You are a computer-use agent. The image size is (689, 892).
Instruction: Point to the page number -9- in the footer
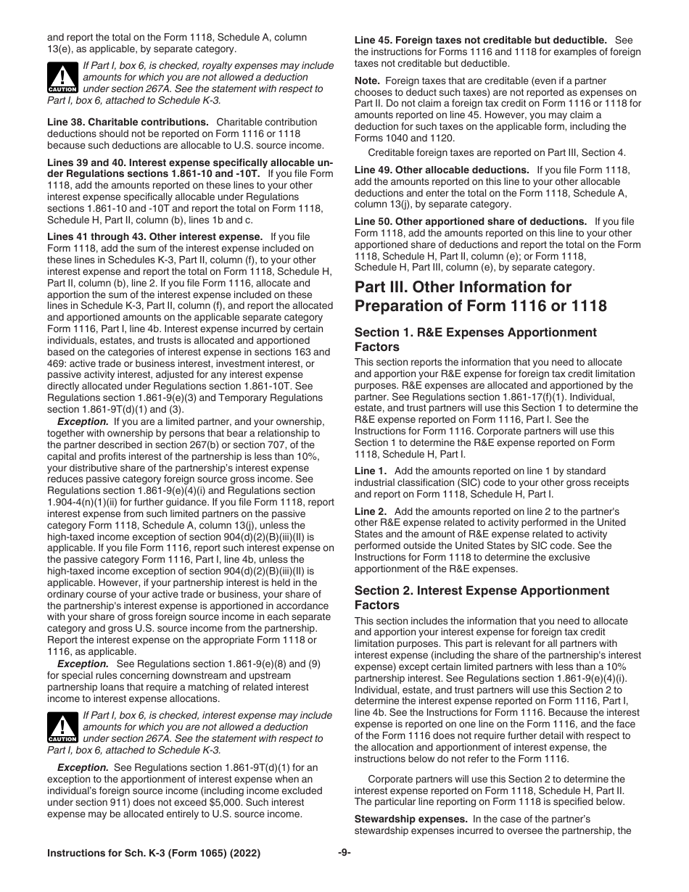(344, 853)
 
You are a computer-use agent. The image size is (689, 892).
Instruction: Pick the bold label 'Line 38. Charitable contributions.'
(128, 123)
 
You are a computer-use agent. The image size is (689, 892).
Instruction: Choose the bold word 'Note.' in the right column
(368, 81)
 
